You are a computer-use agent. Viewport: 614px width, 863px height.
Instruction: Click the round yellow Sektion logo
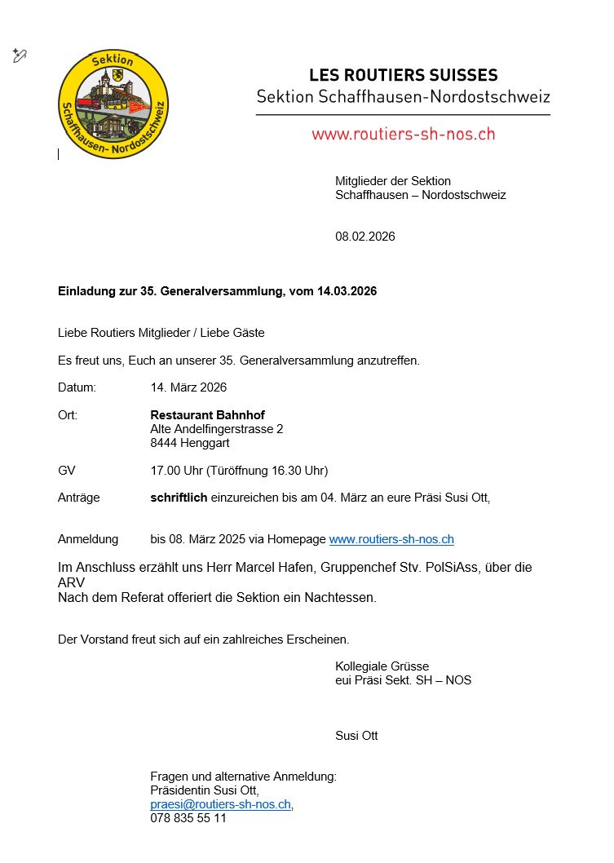(x=113, y=104)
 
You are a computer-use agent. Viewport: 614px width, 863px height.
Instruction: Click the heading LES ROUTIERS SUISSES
(x=403, y=75)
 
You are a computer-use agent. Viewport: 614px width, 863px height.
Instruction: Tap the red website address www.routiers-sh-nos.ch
(x=403, y=134)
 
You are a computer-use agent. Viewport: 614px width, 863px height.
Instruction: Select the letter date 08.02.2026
(x=364, y=237)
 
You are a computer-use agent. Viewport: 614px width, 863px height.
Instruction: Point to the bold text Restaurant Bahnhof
(x=207, y=415)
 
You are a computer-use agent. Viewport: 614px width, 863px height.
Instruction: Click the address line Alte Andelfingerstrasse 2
(x=217, y=429)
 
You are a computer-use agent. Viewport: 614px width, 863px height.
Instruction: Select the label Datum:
(x=77, y=387)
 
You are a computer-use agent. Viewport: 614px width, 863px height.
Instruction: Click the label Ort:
(x=68, y=415)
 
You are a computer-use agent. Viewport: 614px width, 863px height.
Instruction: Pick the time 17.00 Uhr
(x=176, y=471)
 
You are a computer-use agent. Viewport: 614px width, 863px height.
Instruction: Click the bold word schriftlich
(x=179, y=498)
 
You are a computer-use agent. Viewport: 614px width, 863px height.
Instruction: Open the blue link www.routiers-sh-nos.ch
(x=391, y=539)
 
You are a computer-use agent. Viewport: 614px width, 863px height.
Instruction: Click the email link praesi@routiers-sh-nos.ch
(x=220, y=804)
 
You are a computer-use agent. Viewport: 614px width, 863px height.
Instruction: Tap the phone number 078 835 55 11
(x=188, y=818)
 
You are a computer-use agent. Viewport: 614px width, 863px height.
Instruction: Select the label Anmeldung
(x=88, y=539)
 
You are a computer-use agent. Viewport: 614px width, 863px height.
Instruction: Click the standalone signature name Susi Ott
(x=356, y=736)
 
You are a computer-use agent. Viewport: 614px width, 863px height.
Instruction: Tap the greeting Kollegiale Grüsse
(x=382, y=666)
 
